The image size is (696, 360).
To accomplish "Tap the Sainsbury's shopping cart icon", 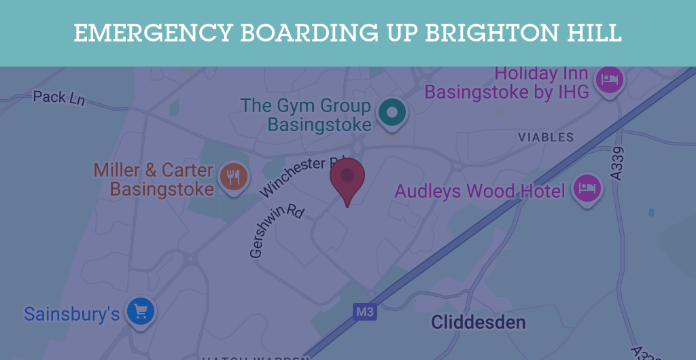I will click(x=141, y=312).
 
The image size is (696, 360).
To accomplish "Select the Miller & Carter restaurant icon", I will click(x=234, y=177).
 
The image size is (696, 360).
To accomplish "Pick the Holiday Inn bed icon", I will click(x=610, y=81).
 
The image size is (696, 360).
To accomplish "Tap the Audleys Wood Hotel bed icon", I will click(x=587, y=188).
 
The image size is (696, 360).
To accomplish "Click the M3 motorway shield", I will click(x=365, y=312).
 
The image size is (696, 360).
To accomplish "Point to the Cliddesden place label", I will click(x=478, y=321).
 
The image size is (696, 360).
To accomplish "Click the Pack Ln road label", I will click(x=59, y=97).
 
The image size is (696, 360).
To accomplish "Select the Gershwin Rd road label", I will click(x=276, y=231).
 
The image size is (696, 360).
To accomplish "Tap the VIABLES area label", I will click(x=546, y=137).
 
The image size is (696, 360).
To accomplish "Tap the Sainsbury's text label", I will click(x=71, y=314).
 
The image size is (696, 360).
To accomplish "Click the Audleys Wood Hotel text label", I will click(x=480, y=192).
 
